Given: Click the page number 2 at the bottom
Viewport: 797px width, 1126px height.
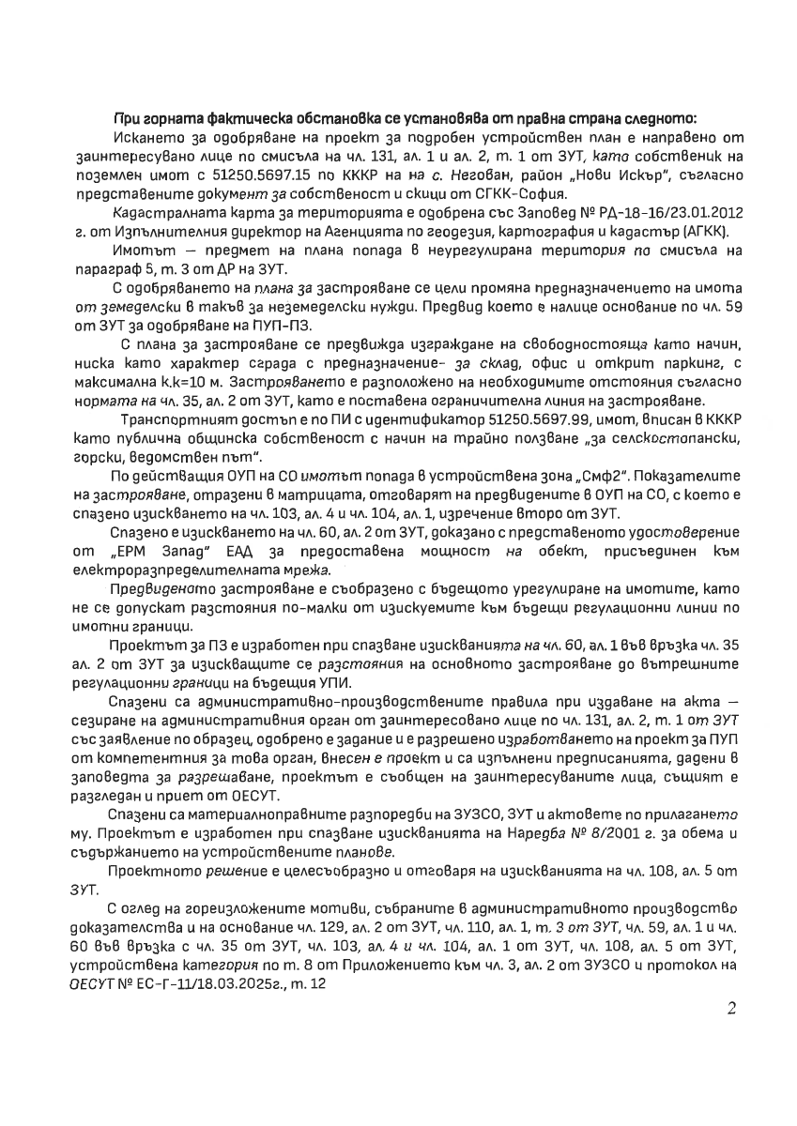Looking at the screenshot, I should (732, 1008).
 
